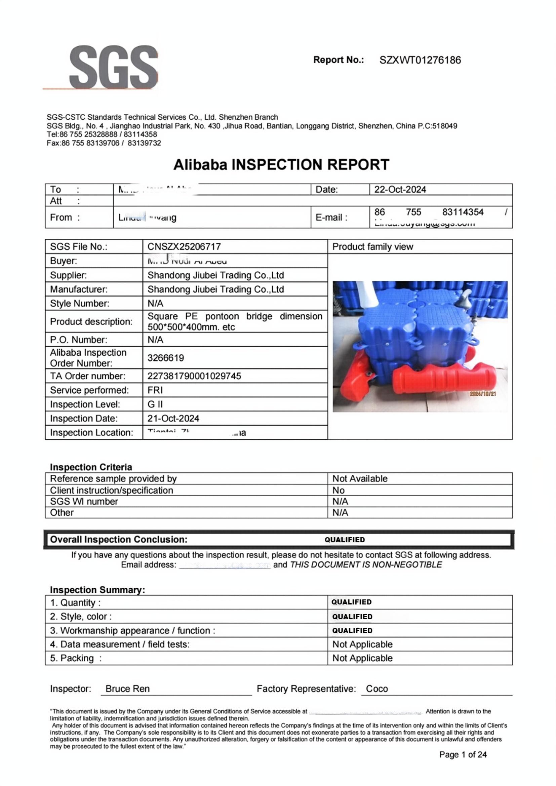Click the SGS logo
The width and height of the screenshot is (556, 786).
(113, 68)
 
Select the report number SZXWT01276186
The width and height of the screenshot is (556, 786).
(420, 60)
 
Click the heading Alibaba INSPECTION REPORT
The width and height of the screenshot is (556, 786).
(281, 165)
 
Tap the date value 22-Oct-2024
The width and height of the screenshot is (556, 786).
(400, 190)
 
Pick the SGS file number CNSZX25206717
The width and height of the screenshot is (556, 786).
(184, 246)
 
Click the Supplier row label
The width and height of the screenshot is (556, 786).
(69, 275)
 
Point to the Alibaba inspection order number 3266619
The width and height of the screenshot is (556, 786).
(166, 358)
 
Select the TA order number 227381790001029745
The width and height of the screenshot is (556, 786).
(194, 376)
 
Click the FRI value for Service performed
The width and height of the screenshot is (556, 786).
(155, 390)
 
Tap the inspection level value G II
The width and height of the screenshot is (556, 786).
(155, 404)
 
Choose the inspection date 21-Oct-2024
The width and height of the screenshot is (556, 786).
(173, 418)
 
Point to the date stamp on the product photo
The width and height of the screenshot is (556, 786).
(482, 394)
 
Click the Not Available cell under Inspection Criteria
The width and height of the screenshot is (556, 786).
(360, 479)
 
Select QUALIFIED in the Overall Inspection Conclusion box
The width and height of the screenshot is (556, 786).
(345, 540)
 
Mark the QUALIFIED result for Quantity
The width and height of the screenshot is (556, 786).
(351, 602)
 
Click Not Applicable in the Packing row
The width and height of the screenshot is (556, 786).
(362, 658)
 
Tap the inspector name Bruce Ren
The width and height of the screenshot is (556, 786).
(127, 689)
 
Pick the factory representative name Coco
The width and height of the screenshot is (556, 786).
(376, 689)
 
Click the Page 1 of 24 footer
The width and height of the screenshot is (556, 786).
(463, 754)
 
